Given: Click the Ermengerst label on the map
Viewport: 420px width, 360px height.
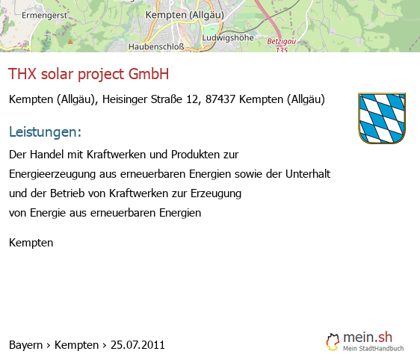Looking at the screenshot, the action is [44, 16].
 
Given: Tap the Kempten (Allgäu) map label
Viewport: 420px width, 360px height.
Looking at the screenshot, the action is [185, 15].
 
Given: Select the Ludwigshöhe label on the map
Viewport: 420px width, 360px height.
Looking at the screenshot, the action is [228, 38].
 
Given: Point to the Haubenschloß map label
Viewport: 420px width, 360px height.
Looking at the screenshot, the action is [156, 46].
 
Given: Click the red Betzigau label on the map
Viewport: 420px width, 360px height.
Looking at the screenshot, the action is [282, 42].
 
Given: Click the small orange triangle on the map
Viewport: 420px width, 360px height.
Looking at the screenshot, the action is [70, 42].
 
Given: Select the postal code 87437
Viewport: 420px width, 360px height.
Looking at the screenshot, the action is [220, 99].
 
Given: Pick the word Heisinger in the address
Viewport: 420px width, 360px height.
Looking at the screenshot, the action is [125, 99].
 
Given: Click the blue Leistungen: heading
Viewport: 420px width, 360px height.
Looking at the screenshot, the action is [45, 131].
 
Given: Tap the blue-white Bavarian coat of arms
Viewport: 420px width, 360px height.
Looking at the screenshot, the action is [382, 118].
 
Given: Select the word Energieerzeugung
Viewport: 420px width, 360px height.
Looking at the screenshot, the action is [52, 174].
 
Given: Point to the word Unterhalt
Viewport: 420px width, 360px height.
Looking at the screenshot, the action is [308, 174].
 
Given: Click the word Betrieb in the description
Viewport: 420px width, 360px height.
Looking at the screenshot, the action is [67, 193].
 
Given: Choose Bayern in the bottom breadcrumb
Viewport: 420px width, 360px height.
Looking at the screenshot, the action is [25, 345].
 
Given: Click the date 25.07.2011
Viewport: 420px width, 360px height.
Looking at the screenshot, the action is [138, 345].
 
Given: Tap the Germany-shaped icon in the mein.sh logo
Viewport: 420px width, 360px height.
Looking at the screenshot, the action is [333, 342].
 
